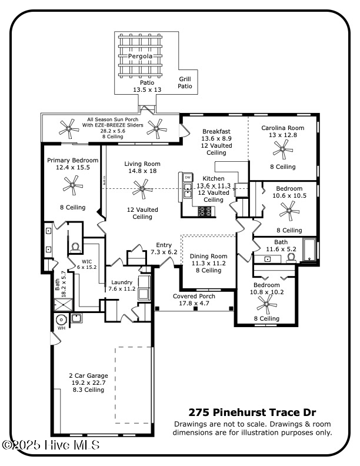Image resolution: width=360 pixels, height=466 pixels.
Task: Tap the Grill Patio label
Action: [185, 82]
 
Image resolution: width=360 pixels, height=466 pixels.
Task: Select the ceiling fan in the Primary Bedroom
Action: [73, 188]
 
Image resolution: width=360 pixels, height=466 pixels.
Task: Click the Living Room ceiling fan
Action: [141, 189]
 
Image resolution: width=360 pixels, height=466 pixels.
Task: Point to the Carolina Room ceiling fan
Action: [283, 150]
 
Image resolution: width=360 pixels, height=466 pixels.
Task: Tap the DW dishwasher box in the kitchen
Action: [188, 177]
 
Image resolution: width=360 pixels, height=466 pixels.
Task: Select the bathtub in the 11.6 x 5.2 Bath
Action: [309, 249]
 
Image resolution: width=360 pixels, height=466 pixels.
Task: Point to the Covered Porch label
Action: [194, 297]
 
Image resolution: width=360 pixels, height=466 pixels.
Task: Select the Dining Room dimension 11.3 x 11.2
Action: [208, 264]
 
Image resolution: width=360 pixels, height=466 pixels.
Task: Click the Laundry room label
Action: [121, 282]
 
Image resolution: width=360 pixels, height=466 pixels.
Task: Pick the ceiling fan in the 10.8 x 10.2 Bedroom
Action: [266, 304]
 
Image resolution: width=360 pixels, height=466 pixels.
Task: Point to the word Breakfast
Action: [216, 131]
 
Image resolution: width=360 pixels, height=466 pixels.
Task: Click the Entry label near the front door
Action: [164, 245]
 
